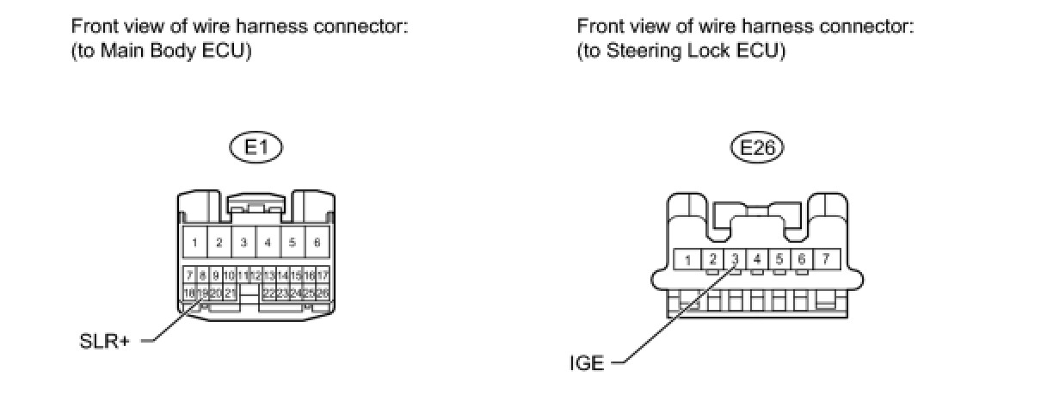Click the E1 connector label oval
tap(256, 147)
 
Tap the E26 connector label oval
tap(757, 147)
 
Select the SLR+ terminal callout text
tap(100, 341)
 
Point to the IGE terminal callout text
tap(587, 363)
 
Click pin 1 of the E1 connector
tap(195, 243)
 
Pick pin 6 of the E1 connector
tap(317, 243)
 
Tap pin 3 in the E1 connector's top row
tap(243, 243)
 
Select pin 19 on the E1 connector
tap(203, 294)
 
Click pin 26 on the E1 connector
tap(323, 294)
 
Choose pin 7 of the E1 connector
tap(189, 275)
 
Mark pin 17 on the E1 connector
tap(323, 275)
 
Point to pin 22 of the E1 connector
tap(268, 294)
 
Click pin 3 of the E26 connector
tap(736, 257)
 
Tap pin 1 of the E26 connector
tap(688, 258)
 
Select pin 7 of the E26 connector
tap(826, 258)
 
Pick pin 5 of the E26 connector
tap(779, 257)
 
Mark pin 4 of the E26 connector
tap(757, 257)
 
